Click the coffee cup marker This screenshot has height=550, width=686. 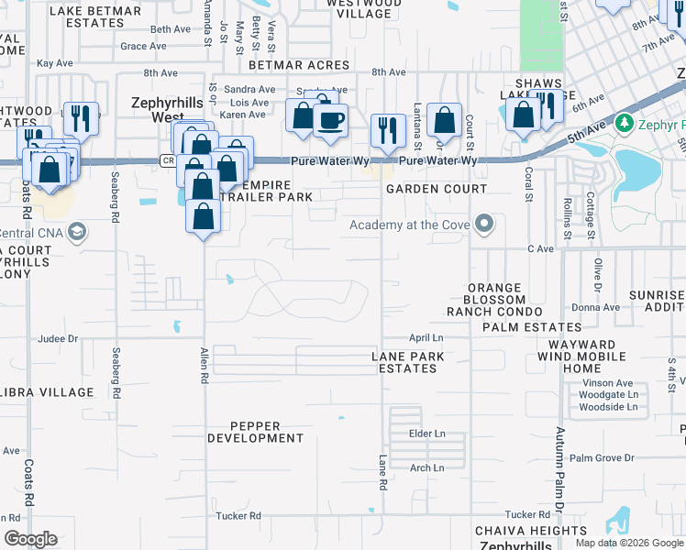pyautogui.click(x=330, y=119)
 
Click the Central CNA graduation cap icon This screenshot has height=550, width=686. pyautogui.click(x=78, y=232)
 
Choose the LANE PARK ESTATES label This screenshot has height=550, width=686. pyautogui.click(x=408, y=362)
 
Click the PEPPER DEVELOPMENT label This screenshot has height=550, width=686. pyautogui.click(x=255, y=432)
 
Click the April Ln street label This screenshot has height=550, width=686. pyautogui.click(x=426, y=338)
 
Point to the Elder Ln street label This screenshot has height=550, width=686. pyautogui.click(x=426, y=433)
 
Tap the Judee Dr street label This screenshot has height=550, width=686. pyautogui.click(x=59, y=338)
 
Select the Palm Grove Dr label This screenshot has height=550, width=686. pyautogui.click(x=602, y=457)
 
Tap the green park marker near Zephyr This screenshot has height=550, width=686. pyautogui.click(x=625, y=121)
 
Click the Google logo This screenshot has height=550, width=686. pyautogui.click(x=30, y=539)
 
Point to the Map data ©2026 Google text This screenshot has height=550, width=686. pyautogui.click(x=629, y=543)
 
